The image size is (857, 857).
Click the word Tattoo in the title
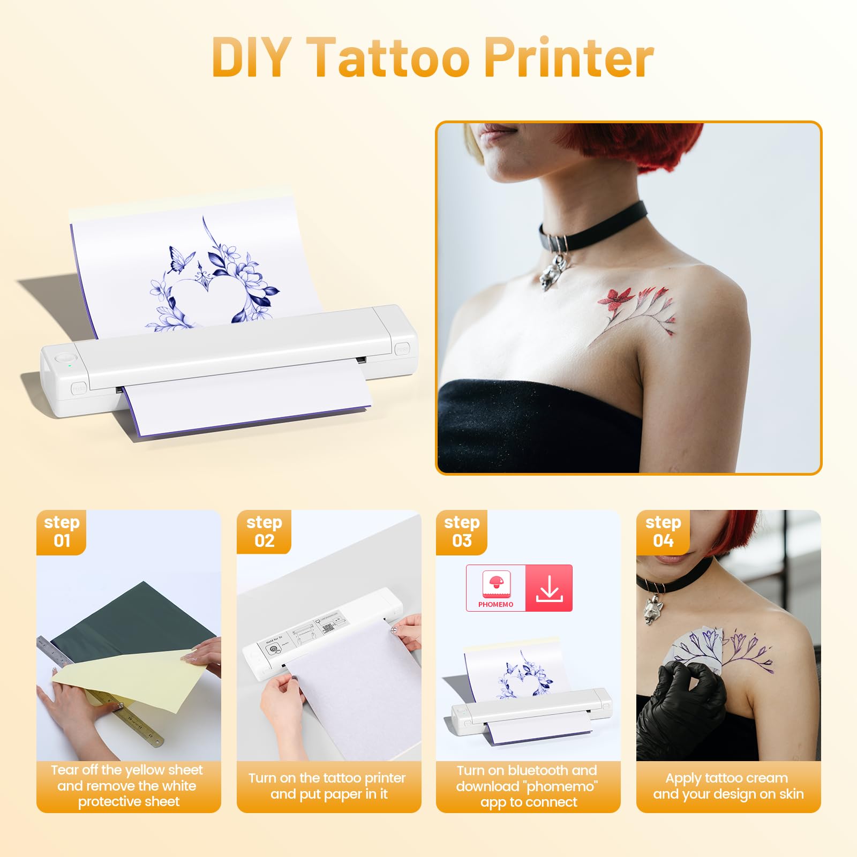click(390, 58)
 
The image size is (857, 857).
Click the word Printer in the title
click(569, 58)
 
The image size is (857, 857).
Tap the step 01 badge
click(62, 531)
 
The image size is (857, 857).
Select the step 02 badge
click(264, 531)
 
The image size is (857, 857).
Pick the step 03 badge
click(462, 531)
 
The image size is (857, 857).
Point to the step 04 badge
click(663, 531)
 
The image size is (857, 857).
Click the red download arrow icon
click(549, 589)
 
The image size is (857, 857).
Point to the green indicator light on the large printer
click(70, 366)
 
